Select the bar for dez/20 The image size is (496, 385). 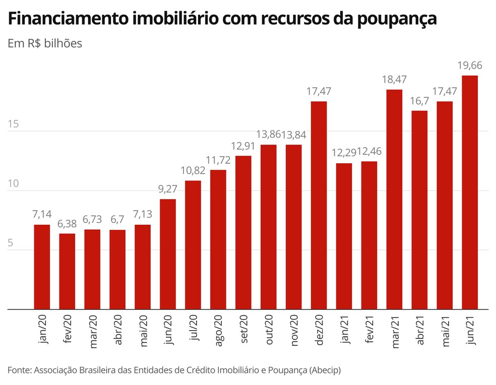point(319,205)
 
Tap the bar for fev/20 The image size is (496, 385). point(67,271)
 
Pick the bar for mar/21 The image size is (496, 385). point(394,199)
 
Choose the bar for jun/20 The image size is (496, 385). point(168,254)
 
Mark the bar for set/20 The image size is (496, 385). point(243,232)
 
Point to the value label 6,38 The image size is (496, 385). point(67,224)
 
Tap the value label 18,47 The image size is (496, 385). point(394,79)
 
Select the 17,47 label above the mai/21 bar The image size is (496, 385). point(445,91)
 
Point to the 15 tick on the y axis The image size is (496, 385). point(13,124)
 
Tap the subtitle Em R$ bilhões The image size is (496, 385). point(45,43)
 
